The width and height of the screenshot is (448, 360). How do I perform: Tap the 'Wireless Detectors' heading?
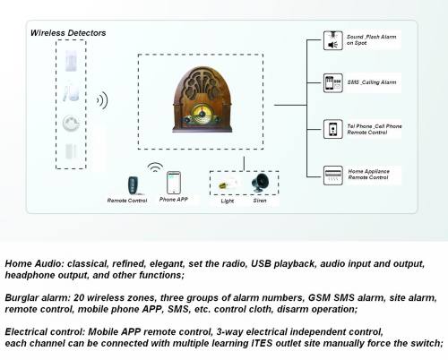68,33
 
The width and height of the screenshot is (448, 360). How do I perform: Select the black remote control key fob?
133,184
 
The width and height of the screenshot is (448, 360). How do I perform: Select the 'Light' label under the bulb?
227,201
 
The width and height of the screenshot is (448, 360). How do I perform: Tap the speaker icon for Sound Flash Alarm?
332,42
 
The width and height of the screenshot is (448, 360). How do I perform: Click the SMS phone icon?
332,83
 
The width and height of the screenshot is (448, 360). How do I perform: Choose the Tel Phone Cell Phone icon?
332,129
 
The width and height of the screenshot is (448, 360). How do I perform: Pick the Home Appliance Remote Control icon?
332,174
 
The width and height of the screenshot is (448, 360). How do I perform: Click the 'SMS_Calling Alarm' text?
370,83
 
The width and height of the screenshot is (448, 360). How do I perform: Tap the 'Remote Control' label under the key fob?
127,201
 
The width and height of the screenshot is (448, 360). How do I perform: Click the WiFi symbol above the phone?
155,167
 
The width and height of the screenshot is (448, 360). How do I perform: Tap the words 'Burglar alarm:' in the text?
33,296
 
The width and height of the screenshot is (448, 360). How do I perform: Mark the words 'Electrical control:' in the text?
42,330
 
